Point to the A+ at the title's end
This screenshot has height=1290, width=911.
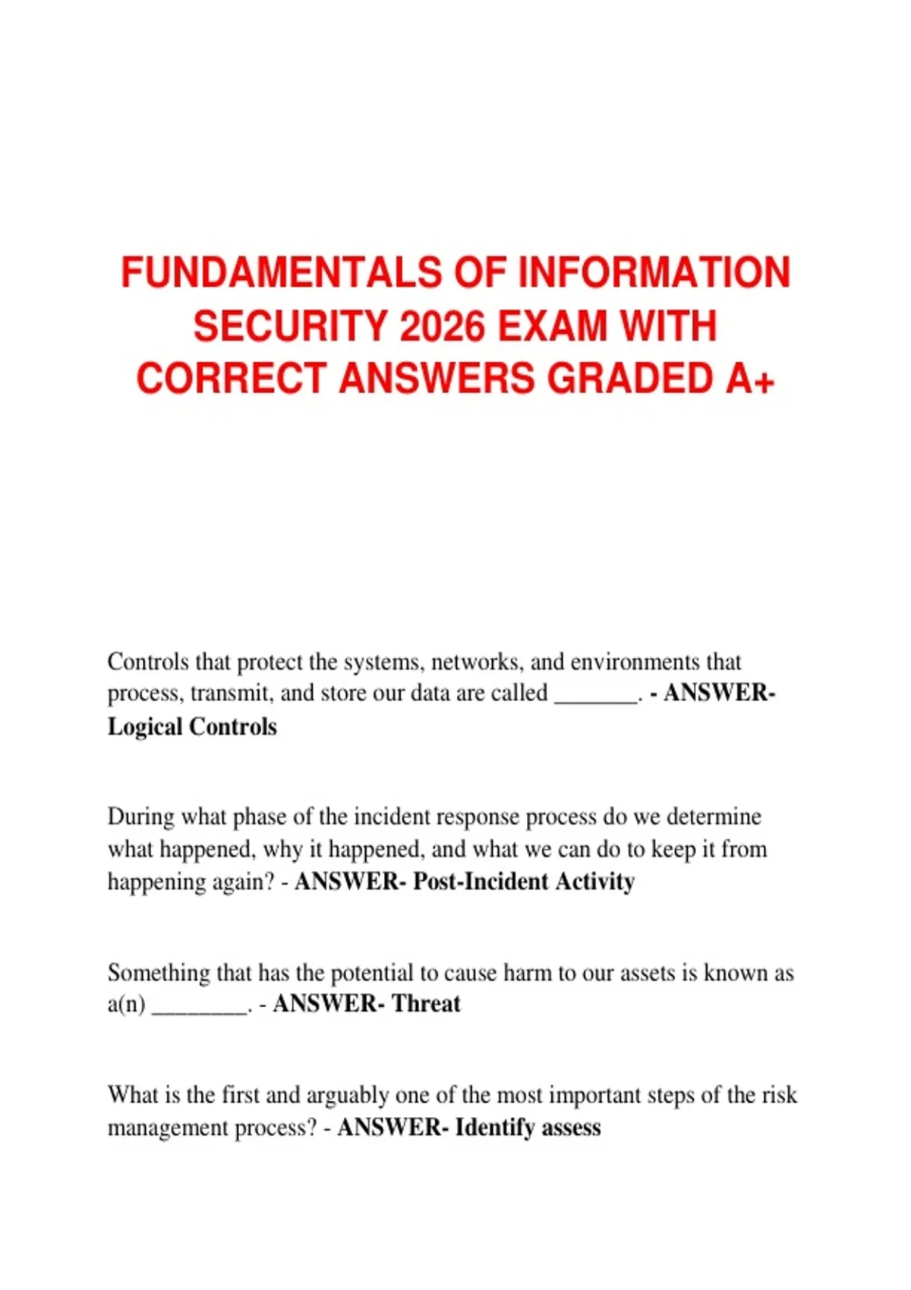[x=750, y=379]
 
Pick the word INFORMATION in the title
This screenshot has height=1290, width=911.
[x=654, y=273]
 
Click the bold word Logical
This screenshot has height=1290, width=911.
[x=145, y=727]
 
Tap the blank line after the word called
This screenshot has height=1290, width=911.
[x=596, y=694]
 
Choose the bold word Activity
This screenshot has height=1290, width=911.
[x=595, y=882]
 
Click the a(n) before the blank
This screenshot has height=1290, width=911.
[x=126, y=1004]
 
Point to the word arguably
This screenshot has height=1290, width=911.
[x=350, y=1096]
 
